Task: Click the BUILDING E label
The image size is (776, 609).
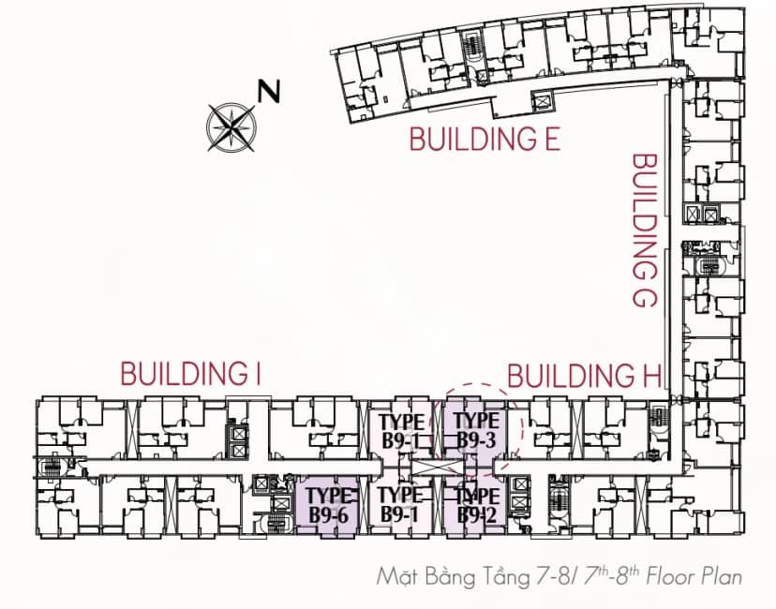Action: pos(485,139)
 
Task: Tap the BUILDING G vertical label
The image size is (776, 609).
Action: pos(645,230)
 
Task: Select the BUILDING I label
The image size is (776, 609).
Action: pos(191,374)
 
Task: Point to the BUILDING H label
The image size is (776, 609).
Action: pos(585,376)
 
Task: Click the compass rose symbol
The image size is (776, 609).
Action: pos(231,127)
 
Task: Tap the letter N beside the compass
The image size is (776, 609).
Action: pos(269,91)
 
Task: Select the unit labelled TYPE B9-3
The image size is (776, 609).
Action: pos(475,430)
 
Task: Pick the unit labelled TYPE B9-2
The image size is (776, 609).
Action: pos(475,506)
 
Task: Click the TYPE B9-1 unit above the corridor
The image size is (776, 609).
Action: pos(401,430)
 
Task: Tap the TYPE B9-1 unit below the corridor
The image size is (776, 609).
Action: pos(401,506)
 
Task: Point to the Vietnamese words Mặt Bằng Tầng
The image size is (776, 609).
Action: pos(453,577)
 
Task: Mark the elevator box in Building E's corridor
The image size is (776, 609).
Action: pos(543,100)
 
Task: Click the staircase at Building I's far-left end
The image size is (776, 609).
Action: pos(50,467)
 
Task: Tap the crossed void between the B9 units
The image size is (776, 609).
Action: pos(437,468)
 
